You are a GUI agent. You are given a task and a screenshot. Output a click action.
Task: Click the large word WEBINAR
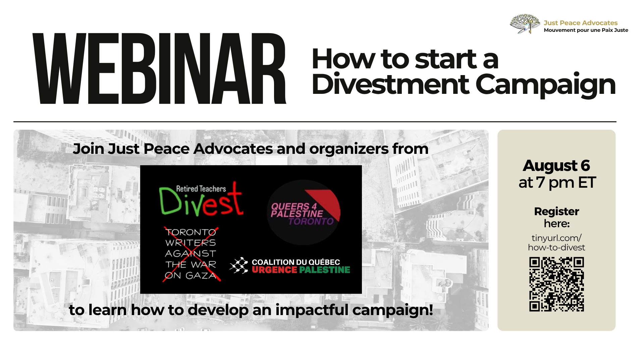click(159, 69)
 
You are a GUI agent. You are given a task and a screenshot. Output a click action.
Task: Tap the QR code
click(556, 284)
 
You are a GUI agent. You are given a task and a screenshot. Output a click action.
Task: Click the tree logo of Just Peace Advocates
click(525, 23)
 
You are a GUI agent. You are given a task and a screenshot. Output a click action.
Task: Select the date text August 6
click(556, 166)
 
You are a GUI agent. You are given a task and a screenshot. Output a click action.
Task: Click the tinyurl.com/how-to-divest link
click(556, 243)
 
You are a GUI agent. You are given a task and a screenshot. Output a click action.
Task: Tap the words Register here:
click(556, 217)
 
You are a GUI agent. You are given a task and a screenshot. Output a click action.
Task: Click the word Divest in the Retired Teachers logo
click(201, 202)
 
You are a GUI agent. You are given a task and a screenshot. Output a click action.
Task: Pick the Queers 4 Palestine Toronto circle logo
click(304, 213)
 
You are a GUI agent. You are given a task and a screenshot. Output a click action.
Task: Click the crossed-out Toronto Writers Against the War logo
click(191, 254)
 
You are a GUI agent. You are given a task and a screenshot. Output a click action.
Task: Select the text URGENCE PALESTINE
click(301, 270)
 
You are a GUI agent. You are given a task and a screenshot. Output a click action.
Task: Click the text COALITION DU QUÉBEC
click(296, 262)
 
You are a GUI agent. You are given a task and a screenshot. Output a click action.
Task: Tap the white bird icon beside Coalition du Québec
click(239, 265)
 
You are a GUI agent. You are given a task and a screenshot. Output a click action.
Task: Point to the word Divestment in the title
click(390, 84)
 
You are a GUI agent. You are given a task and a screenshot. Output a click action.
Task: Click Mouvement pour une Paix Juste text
click(586, 30)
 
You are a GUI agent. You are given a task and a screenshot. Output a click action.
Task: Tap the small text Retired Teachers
click(201, 189)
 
